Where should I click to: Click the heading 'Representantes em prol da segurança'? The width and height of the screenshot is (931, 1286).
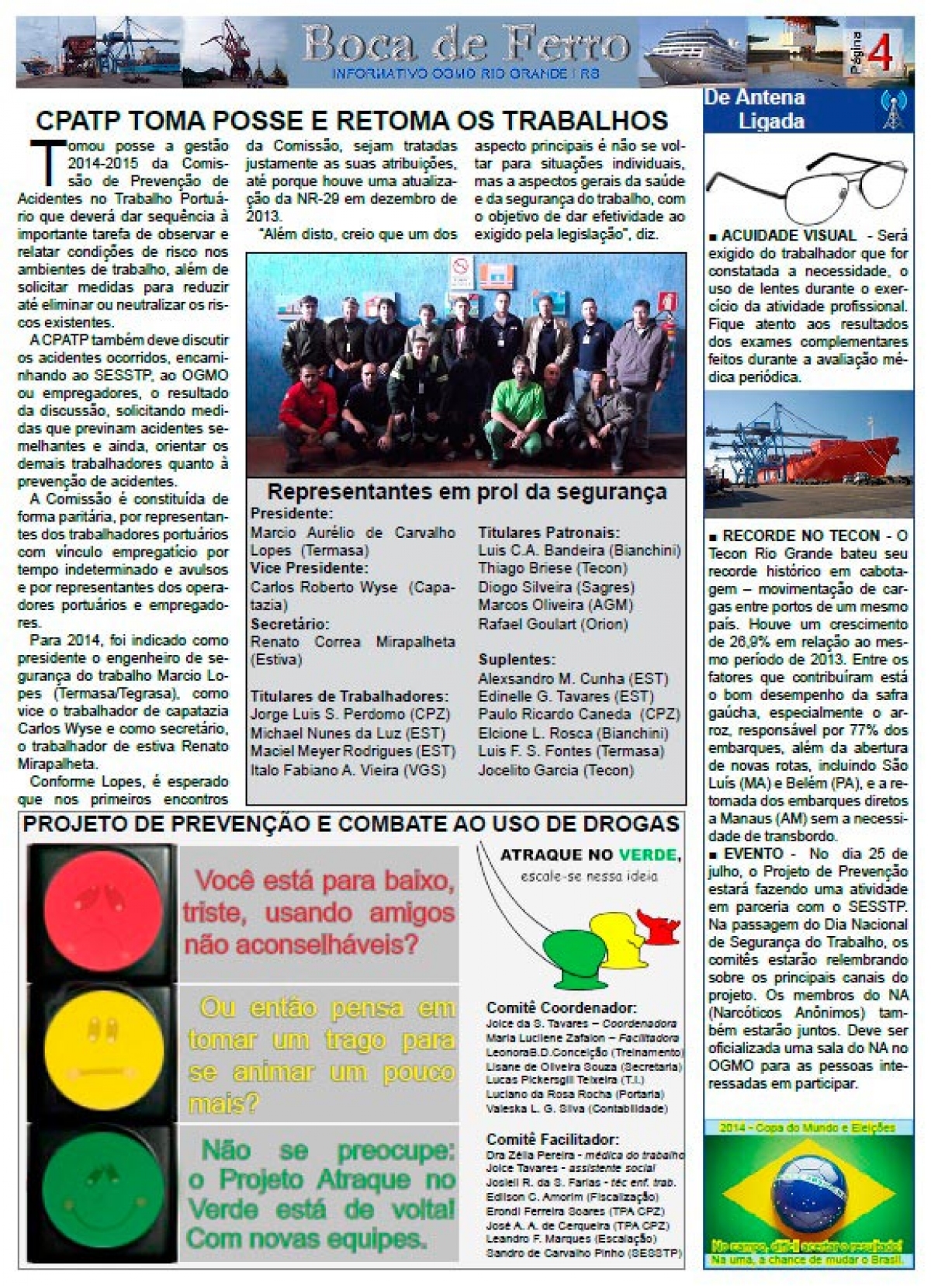coord(466,492)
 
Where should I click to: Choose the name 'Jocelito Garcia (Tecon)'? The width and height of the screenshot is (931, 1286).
coord(555,771)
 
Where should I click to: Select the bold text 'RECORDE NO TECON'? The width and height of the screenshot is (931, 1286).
coord(800,536)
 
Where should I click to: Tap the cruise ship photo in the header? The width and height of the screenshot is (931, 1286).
coord(690,52)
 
